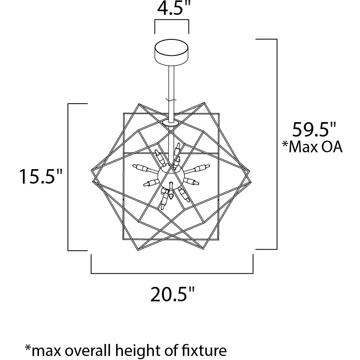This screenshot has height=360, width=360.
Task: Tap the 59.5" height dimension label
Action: click(x=314, y=130)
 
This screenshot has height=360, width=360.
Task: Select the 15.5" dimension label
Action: click(x=41, y=176)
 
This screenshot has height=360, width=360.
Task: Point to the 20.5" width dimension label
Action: click(x=172, y=295)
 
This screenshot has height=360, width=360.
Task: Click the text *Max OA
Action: click(x=312, y=147)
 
